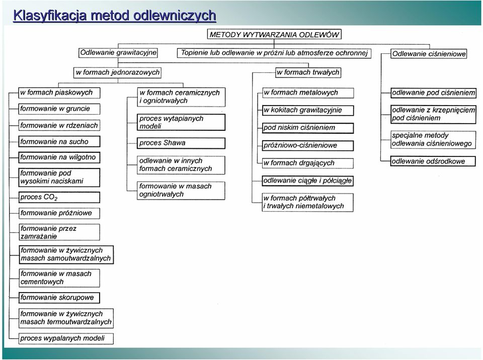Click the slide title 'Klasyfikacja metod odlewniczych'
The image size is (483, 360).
(115, 16)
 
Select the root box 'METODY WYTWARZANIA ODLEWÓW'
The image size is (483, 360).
(274, 34)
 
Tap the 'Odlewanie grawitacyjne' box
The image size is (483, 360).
(118, 53)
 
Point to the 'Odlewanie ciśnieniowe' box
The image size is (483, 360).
(429, 54)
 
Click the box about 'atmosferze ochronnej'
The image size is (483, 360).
(274, 53)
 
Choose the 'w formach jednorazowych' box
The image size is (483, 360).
(118, 73)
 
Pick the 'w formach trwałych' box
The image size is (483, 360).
(308, 72)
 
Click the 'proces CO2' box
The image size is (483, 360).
(59, 198)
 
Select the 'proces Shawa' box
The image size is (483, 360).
(181, 143)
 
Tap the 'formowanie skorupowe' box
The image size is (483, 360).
(59, 298)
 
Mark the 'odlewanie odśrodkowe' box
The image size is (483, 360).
(433, 161)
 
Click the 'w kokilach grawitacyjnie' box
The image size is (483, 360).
(308, 110)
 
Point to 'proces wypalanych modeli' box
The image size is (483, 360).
(66, 338)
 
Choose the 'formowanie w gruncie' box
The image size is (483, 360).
(59, 109)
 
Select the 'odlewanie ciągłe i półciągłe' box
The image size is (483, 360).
(307, 181)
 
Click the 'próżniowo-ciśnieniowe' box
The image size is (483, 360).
(308, 145)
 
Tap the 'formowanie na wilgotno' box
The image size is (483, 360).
(59, 157)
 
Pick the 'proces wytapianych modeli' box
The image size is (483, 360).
(181, 122)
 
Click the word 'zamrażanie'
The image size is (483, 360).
(39, 236)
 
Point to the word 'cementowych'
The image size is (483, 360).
(42, 282)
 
